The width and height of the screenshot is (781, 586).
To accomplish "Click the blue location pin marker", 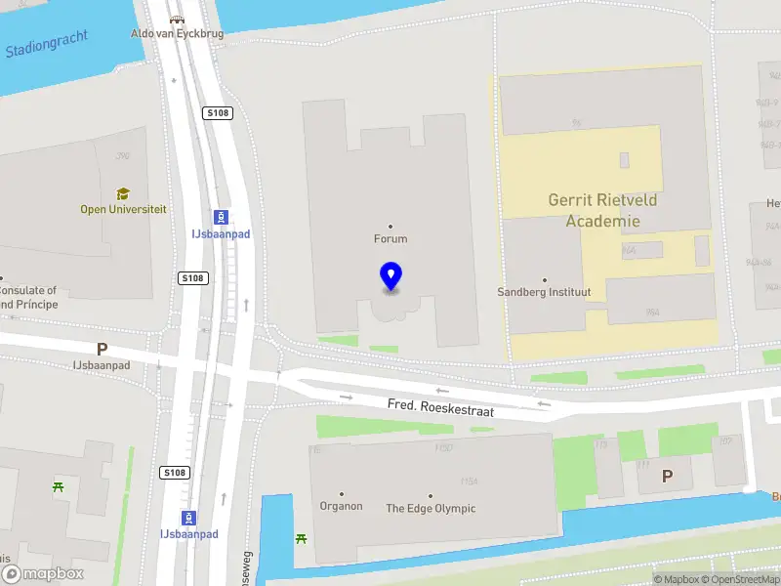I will pos(390,277).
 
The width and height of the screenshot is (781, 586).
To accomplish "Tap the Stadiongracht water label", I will pos(47,43).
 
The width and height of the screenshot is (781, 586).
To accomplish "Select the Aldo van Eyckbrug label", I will pos(177,33).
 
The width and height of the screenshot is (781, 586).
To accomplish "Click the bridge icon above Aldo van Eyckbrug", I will pos(177,19).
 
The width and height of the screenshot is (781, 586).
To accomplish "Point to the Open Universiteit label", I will pos(123,209).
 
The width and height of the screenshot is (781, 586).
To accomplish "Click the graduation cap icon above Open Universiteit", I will pos(123,194).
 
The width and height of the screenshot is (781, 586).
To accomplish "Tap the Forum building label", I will pos(390,238).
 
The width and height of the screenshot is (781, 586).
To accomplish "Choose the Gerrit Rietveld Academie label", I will pos(602,210).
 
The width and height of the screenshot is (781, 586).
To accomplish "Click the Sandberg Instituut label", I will pos(545,292).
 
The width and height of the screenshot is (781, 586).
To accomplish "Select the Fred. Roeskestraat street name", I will pos(440,409).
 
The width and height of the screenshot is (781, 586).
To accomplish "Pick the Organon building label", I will pos(341,506).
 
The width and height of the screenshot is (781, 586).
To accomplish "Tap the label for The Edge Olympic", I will pos(431,508).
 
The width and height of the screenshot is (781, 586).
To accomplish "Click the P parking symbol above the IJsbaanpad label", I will pos(102,349).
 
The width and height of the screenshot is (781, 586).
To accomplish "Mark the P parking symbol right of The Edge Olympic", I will pos(668,476).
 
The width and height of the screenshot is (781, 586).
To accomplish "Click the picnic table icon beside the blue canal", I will pos(302,538).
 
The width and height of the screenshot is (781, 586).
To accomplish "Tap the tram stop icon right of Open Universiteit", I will pos(223,217).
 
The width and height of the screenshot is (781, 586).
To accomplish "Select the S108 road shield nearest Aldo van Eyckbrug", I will pos(217,113).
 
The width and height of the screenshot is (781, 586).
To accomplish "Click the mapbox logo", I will pos(42,574).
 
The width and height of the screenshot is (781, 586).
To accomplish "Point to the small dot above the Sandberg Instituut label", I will pos(545,280).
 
